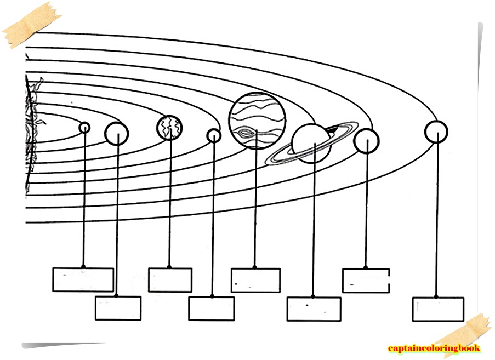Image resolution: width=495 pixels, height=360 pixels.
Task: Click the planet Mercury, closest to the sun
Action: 84,127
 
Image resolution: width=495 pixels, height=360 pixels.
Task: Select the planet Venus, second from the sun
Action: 116,133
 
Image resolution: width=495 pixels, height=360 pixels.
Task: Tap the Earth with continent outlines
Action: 169,127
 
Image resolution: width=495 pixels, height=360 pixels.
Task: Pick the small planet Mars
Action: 214,135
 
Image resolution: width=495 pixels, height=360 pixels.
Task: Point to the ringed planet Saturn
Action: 311,143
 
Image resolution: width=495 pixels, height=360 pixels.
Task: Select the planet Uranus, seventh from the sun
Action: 366,141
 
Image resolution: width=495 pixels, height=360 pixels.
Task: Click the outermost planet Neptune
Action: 436,132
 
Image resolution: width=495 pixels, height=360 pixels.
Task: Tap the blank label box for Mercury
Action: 83,279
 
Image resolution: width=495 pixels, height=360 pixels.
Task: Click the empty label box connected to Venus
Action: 118,308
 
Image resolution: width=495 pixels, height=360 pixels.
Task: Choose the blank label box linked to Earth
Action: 170,279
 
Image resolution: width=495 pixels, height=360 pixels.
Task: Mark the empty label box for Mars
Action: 212,308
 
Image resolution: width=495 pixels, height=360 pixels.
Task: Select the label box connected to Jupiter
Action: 255,280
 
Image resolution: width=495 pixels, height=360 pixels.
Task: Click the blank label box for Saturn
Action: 314,309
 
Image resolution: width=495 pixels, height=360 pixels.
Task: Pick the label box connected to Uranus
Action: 366,280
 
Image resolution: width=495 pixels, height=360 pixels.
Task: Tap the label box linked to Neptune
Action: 438,309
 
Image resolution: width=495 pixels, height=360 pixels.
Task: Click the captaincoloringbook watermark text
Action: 434,348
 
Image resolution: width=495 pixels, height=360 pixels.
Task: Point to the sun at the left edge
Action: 31,134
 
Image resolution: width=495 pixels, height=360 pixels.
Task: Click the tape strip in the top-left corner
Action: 31,25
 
